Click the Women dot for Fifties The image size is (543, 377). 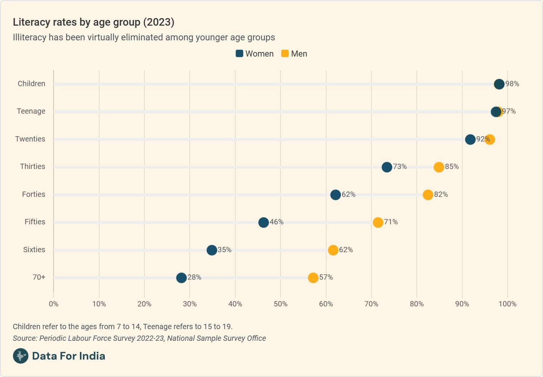click(264, 222)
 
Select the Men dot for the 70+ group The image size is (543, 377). click(313, 278)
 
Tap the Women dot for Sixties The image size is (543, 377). click(212, 250)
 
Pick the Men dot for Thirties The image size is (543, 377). click(439, 167)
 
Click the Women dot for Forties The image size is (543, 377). click(336, 195)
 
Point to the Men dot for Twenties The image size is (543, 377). click(490, 139)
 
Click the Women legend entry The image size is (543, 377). click(255, 54)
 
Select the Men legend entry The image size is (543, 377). click(295, 54)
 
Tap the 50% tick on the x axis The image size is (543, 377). click(281, 304)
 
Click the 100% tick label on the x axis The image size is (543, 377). click(508, 304)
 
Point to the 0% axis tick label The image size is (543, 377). click(54, 304)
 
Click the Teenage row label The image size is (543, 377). click(31, 111)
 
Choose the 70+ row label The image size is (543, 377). click(39, 277)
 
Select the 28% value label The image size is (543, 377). click(194, 277)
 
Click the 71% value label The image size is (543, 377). click(391, 222)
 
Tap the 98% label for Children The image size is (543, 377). click(512, 84)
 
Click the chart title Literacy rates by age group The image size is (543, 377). click(94, 22)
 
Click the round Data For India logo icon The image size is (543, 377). click(21, 356)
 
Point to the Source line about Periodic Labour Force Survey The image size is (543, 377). click(139, 338)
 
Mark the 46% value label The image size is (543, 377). click(276, 222)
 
